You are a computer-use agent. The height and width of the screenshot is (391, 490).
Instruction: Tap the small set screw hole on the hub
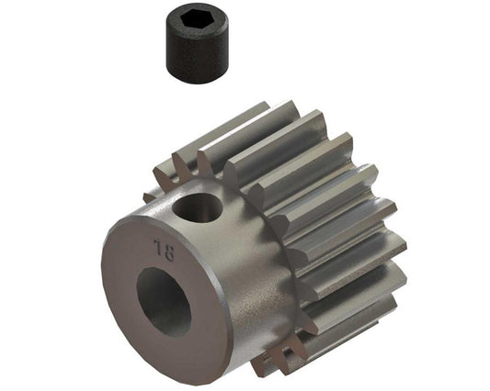point(200,208)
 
